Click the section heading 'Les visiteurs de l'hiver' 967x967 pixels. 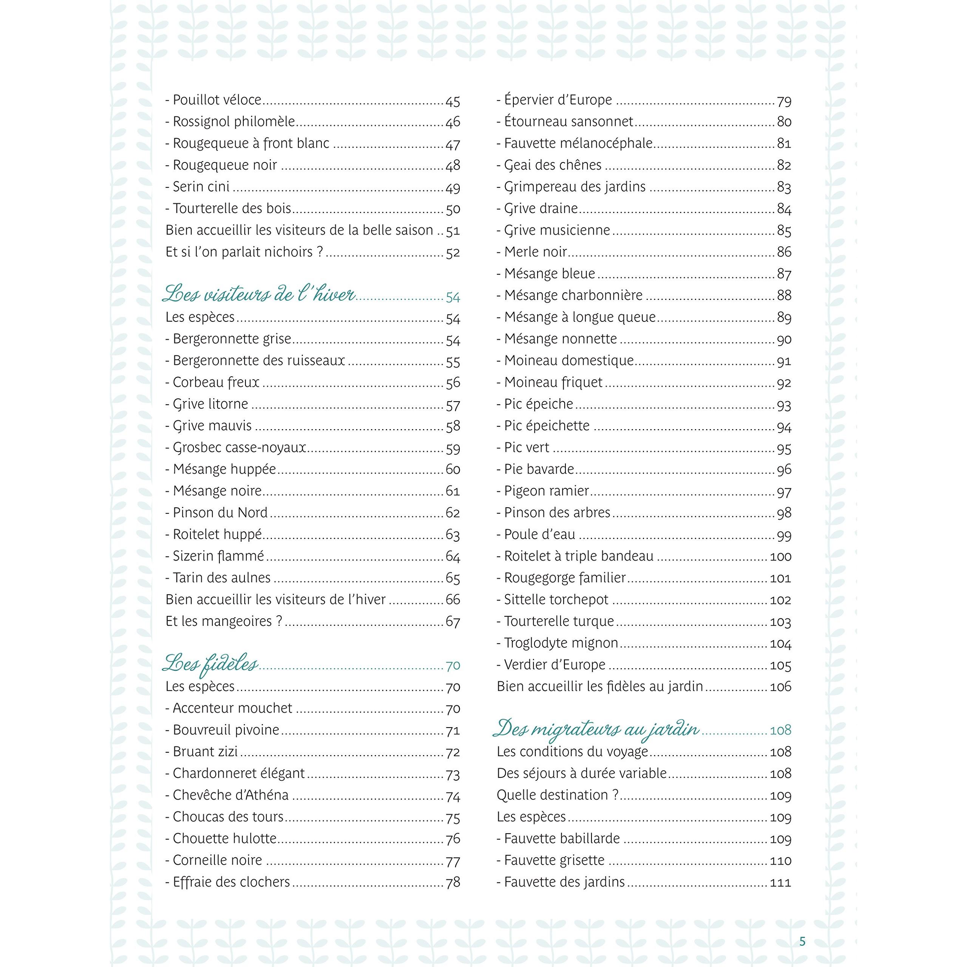click(x=258, y=295)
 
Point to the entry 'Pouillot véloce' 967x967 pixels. click(x=214, y=100)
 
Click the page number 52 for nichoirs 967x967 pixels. click(x=453, y=253)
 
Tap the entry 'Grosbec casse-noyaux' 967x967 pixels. click(x=236, y=448)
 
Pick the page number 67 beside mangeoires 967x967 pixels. click(x=453, y=622)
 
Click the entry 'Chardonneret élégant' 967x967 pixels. click(x=235, y=773)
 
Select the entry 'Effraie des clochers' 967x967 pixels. click(x=228, y=882)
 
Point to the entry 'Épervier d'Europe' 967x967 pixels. click(x=555, y=100)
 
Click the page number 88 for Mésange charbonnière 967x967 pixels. click(x=784, y=296)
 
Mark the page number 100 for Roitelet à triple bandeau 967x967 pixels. click(x=780, y=556)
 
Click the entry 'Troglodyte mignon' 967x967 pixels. click(x=558, y=643)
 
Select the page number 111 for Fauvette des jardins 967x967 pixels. click(x=780, y=882)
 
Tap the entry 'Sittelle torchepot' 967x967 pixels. click(x=553, y=599)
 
